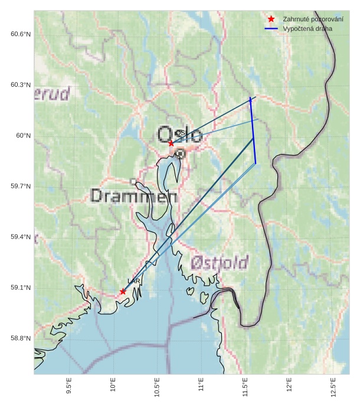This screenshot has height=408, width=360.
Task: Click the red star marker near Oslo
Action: click(171, 143)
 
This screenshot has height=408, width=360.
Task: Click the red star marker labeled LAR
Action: click(123, 291)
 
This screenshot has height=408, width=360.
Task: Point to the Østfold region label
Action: click(220, 262)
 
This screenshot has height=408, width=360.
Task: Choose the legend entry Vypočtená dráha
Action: click(307, 28)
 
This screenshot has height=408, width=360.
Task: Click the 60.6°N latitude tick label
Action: click(21, 34)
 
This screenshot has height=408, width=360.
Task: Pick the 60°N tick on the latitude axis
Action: click(23, 136)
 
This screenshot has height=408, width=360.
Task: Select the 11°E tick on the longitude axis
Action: click(201, 387)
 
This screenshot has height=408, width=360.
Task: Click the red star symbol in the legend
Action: click(271, 19)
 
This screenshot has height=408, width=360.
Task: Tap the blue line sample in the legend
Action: click(271, 28)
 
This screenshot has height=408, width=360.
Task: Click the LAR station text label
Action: click(134, 282)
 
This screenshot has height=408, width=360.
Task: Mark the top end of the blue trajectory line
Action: click(250, 97)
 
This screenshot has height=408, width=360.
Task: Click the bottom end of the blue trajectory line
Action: click(256, 163)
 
